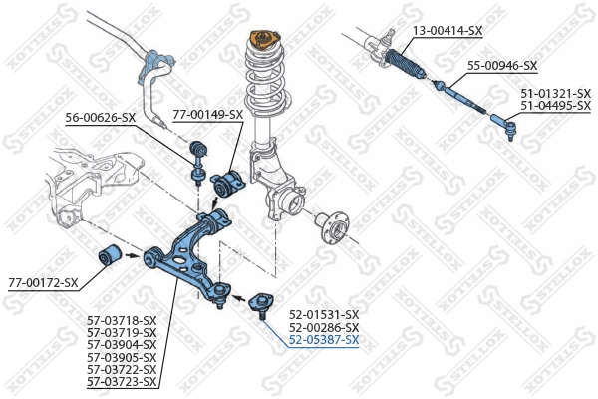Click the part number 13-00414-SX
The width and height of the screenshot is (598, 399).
(448, 31)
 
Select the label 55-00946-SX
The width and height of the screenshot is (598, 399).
(502, 66)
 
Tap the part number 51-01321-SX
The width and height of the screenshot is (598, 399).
(555, 93)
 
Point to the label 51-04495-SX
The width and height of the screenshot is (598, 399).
(555, 105)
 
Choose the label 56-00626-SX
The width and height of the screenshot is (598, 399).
(101, 118)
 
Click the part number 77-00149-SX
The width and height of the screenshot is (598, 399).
(207, 114)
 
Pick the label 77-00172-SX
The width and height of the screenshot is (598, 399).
(43, 283)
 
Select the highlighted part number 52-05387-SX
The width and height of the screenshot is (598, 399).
(324, 340)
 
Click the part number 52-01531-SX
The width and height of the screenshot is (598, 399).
(324, 314)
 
